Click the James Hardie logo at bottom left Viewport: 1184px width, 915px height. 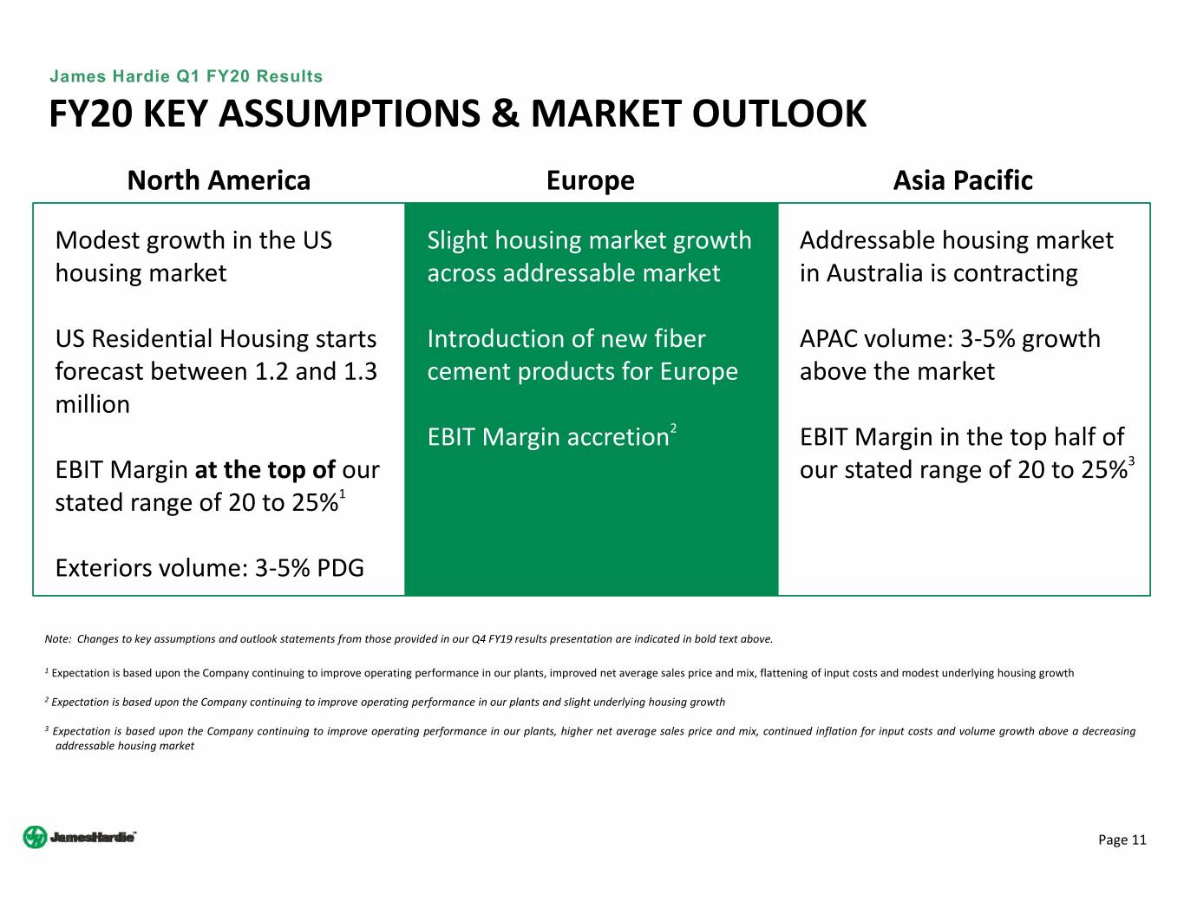(79, 837)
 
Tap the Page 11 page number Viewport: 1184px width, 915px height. (1122, 840)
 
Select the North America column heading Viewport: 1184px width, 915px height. (219, 180)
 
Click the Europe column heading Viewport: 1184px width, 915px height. (590, 181)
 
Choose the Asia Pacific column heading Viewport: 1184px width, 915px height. (962, 180)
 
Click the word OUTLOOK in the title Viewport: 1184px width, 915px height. (779, 114)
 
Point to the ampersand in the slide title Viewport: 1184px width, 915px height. (505, 114)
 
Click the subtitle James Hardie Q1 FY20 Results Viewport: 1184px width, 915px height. (186, 76)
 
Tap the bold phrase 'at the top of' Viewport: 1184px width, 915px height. (265, 469)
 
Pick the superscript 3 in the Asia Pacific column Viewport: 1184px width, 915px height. (1131, 461)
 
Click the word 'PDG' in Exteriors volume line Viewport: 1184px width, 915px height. (341, 568)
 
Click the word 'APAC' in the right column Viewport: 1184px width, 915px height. (828, 339)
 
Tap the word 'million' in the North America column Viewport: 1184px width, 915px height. (93, 404)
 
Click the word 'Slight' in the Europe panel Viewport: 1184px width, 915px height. (457, 241)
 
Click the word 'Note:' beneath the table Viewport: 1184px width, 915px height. (58, 639)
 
